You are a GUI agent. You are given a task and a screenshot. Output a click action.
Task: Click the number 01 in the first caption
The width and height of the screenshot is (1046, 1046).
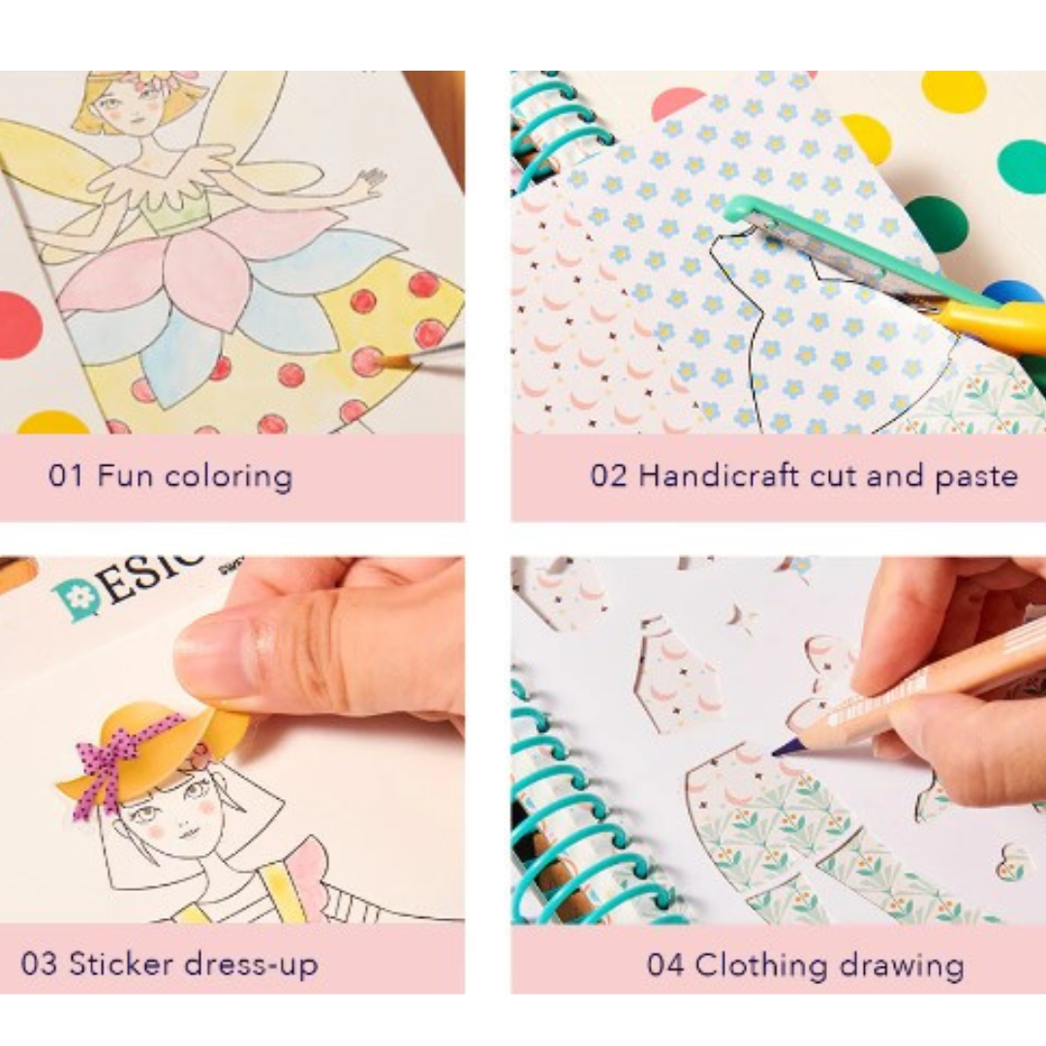[68, 477]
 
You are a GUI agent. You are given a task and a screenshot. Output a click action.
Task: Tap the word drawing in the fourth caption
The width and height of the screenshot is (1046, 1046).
[903, 965]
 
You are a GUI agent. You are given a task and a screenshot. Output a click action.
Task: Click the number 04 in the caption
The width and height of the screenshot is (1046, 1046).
[666, 965]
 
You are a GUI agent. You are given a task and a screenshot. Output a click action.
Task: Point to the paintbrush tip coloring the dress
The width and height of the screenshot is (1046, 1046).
[376, 362]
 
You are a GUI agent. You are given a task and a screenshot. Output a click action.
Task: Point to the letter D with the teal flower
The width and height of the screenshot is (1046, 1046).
[77, 599]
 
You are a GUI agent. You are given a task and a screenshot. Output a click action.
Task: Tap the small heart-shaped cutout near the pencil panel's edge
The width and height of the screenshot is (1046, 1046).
[1013, 861]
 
